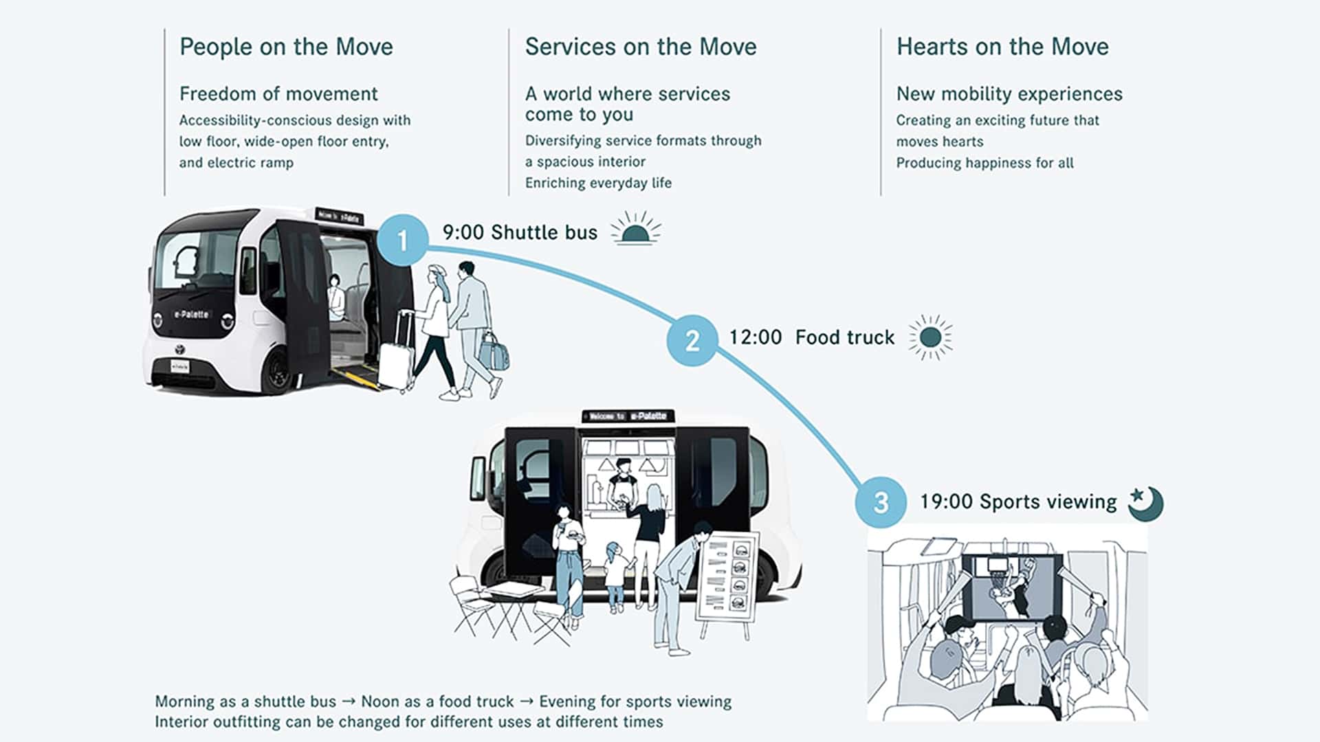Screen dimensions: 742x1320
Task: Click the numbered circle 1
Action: [x=402, y=240]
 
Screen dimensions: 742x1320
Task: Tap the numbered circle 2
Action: [x=692, y=340]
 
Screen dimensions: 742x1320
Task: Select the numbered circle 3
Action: [x=881, y=502]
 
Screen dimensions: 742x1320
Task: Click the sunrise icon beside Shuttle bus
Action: [x=635, y=229]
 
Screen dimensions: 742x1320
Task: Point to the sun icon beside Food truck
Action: [x=930, y=337]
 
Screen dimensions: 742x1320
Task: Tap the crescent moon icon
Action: [x=1147, y=504]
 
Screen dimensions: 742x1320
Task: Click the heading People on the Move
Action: [x=286, y=47]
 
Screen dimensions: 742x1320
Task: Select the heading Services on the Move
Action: [x=640, y=47]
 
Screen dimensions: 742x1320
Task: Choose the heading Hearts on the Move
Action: [x=1002, y=47]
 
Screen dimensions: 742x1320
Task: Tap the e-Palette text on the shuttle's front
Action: [x=192, y=315]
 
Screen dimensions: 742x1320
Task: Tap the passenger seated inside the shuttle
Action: [x=335, y=297]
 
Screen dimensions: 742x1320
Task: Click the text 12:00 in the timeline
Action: [x=755, y=337]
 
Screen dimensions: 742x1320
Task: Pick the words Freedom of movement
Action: [x=278, y=93]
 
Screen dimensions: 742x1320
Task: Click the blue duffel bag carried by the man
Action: [x=494, y=353]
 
